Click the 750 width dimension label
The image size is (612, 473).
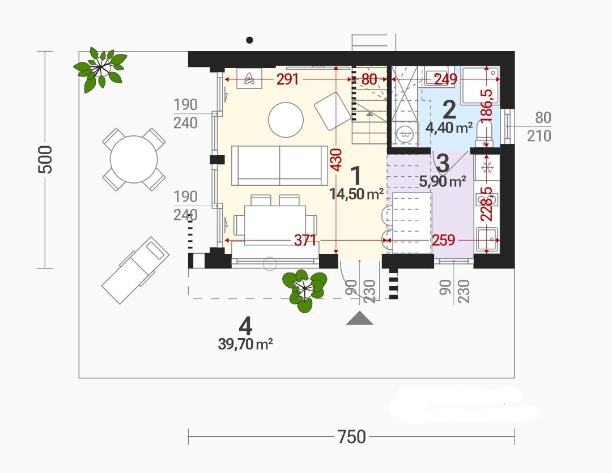tap(351, 437)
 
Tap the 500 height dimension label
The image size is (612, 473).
tap(45, 160)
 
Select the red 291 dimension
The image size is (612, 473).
tap(288, 80)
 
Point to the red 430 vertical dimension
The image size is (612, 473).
tap(336, 159)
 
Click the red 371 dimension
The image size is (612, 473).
tap(305, 240)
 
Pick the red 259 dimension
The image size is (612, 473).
tap(443, 240)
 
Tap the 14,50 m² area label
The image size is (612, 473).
tap(356, 194)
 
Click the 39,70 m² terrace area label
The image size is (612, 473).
tap(245, 344)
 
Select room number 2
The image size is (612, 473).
tap(449, 110)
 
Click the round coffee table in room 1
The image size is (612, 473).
tap(286, 120)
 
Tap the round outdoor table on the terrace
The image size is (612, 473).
tap(134, 159)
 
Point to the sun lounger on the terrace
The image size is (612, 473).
tap(135, 270)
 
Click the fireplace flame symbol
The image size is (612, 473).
tap(249, 79)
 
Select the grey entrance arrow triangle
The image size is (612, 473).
tap(359, 318)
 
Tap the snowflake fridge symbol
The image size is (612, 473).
tap(487, 168)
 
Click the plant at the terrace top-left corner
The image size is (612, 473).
tap(101, 70)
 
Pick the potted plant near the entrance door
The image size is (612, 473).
tap(305, 291)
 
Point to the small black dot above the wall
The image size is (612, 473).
tap(250, 40)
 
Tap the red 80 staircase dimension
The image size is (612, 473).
tap(369, 80)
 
